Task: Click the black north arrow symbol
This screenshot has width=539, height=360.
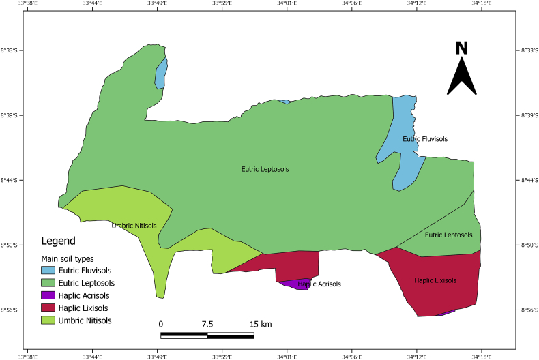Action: pos(462,77)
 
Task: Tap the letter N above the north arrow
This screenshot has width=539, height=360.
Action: pos(462,48)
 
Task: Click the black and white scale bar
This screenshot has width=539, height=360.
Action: pos(207,335)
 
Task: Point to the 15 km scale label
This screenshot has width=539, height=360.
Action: pos(242,323)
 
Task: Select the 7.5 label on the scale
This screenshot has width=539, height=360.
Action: pos(207,323)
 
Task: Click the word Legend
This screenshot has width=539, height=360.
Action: pos(58,241)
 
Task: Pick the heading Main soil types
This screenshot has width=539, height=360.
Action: pos(68,258)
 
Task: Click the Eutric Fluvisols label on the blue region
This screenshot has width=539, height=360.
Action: pos(425,139)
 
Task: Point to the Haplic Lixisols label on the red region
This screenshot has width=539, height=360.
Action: pos(435,280)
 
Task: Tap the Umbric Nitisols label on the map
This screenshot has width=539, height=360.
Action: pos(134,226)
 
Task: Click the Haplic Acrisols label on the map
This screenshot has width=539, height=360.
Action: pos(319,284)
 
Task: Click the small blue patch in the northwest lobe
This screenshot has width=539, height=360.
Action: pos(161,73)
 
